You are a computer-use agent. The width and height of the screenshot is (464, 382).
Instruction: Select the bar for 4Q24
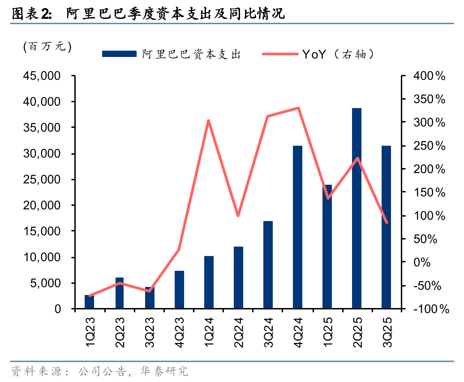point(297,227)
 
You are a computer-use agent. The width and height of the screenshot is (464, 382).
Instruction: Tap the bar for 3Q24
point(268,265)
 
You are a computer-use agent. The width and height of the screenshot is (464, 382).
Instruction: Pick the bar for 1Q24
point(209,282)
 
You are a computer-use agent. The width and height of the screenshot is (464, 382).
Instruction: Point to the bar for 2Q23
point(120,293)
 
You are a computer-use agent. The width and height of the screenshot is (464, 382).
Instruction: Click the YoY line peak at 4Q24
point(298,108)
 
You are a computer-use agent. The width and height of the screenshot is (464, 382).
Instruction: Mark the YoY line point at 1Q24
point(209,120)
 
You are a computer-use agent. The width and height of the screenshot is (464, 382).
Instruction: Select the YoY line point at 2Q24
point(238,216)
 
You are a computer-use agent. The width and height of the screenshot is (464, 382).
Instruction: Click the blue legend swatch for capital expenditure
point(119,54)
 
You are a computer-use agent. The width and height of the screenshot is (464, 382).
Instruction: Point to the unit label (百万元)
point(47,46)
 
